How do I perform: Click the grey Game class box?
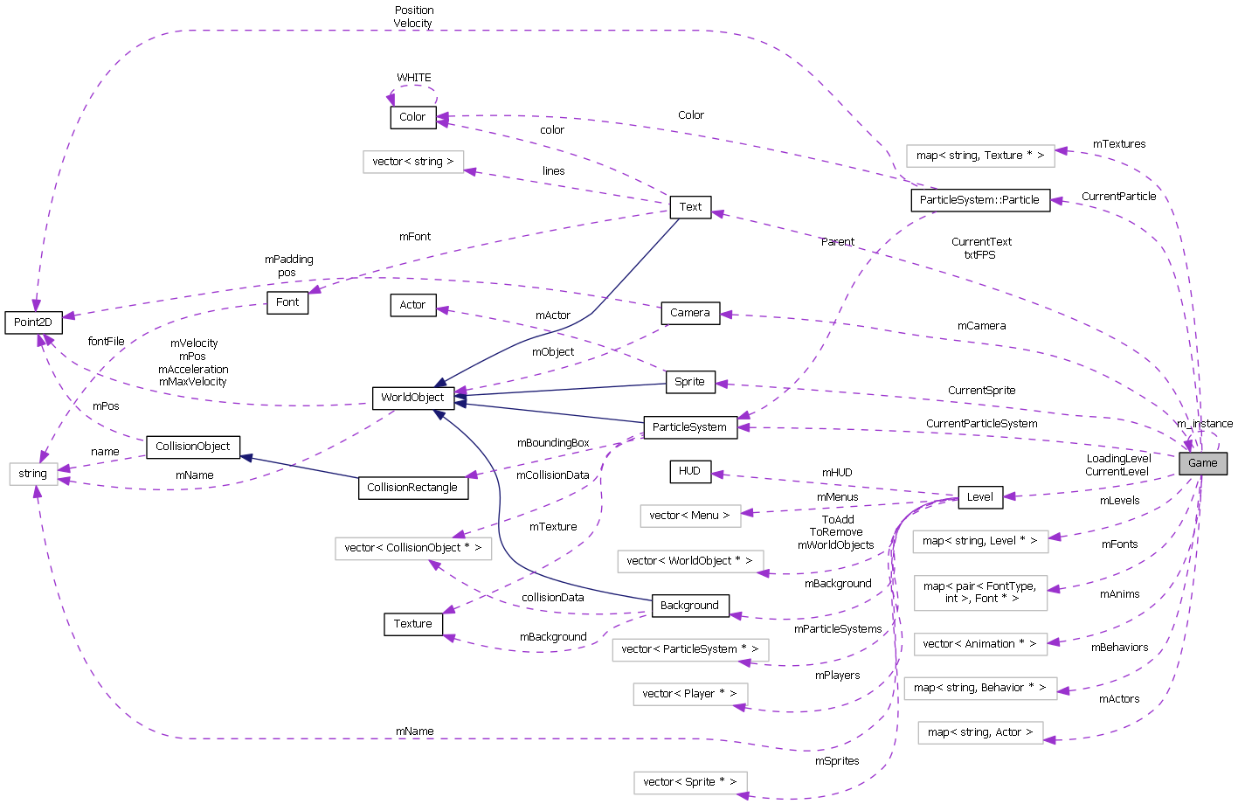point(1202,463)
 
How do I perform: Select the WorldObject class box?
point(412,398)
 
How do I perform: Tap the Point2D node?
point(33,322)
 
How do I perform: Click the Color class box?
point(412,117)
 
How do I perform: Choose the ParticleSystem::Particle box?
point(979,200)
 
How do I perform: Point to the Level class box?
point(979,497)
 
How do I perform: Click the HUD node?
point(689,471)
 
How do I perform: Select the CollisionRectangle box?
point(412,488)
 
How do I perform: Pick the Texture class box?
point(412,624)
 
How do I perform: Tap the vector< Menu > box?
point(689,516)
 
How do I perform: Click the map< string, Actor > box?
point(979,732)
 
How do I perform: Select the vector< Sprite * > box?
point(689,782)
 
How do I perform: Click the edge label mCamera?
point(981,326)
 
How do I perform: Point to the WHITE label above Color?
point(413,78)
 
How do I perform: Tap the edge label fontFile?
point(106,342)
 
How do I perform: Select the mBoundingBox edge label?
point(553,443)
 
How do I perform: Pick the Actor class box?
point(412,305)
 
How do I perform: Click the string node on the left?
point(33,474)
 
